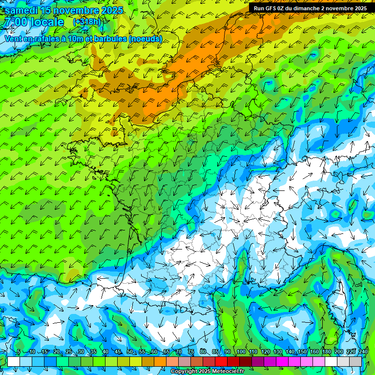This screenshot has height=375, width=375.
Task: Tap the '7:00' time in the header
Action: coord(15,22)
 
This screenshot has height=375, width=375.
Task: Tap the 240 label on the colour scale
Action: coord(363,352)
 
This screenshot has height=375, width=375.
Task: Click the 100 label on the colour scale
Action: coord(241,352)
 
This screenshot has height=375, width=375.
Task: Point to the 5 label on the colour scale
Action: coord(19,352)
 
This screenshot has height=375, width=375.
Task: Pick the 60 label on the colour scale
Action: coord(154,352)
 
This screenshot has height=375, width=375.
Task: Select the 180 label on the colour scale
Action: coord(326,352)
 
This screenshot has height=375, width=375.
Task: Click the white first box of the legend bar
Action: coord(14,361)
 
